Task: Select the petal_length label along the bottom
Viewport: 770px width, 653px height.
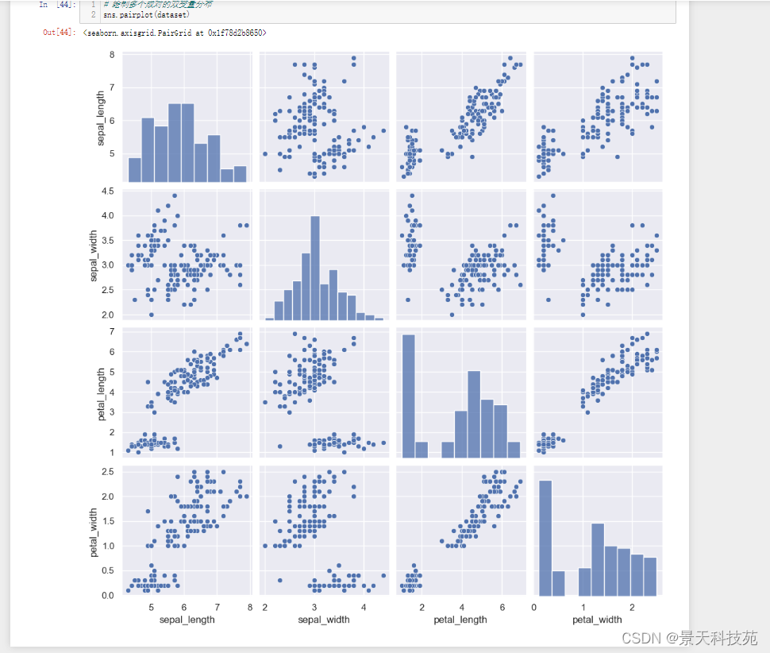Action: [x=460, y=619]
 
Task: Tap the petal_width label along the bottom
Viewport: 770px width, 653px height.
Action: [x=598, y=619]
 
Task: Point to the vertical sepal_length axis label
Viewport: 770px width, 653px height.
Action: [x=101, y=118]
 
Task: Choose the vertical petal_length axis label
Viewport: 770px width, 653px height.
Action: [x=101, y=392]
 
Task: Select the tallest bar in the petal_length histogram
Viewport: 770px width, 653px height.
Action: [x=408, y=396]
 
